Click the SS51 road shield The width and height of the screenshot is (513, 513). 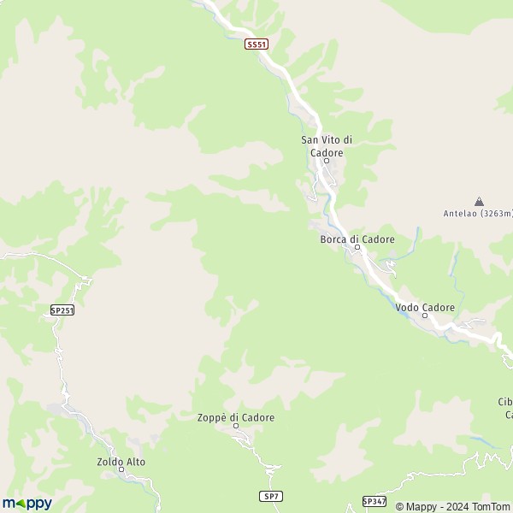256,44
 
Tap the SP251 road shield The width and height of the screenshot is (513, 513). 62,310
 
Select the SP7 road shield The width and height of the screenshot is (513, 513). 270,496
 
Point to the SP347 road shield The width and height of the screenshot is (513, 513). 374,501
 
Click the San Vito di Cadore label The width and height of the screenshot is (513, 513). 321,145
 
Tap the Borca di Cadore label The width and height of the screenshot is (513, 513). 357,239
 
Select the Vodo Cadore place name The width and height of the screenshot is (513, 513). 425,307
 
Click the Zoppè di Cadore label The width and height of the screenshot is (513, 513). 236,417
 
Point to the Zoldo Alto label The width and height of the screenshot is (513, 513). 121,462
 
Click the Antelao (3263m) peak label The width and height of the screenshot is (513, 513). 477,213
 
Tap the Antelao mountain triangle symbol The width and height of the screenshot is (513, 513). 479,201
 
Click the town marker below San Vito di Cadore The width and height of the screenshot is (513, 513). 326,160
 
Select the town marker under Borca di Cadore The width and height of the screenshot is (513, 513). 357,249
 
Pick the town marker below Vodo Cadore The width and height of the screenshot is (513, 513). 425,315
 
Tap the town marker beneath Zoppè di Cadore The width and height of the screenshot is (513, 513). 236,427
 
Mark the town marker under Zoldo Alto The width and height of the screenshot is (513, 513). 121,469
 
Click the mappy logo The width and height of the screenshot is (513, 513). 27,503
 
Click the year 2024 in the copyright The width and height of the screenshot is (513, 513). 451,506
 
